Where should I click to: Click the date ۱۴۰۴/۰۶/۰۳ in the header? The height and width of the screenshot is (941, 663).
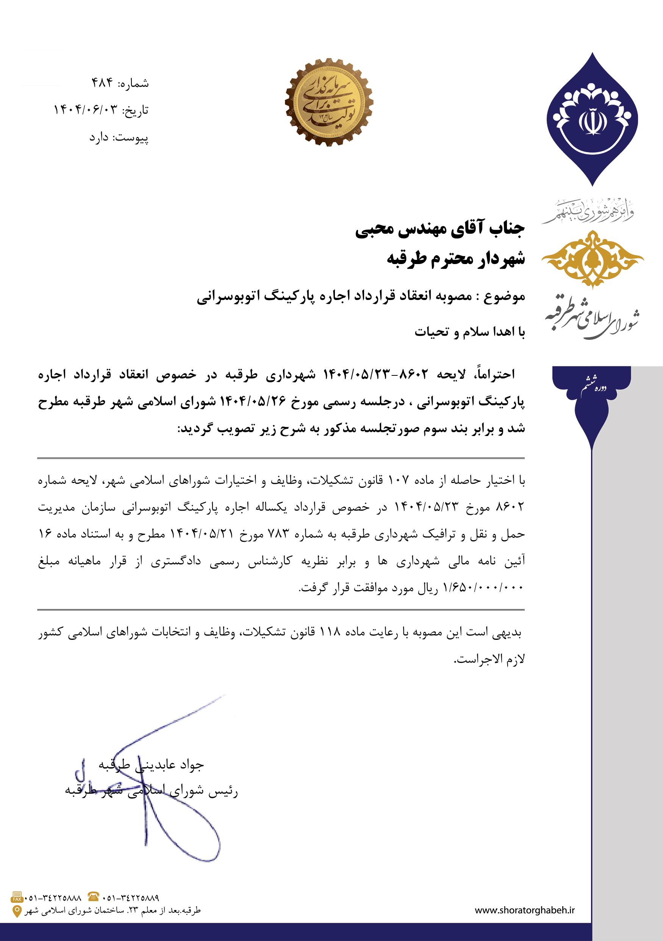click(86, 110)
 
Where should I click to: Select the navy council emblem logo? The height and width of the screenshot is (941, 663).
click(592, 119)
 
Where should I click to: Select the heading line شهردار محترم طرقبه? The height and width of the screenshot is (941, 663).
click(456, 259)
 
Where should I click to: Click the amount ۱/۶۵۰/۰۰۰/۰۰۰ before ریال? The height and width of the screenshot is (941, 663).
click(483, 589)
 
